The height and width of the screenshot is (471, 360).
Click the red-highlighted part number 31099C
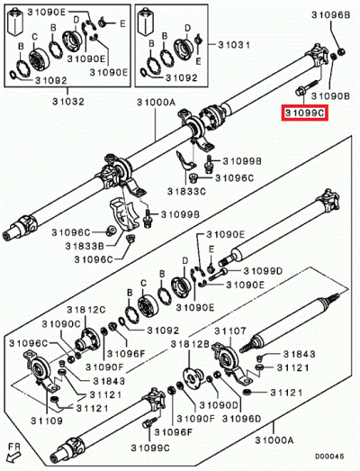304,113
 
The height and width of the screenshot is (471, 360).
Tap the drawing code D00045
328,457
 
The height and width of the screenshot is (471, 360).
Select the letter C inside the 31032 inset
34,38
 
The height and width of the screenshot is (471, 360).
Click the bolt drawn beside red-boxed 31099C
303,90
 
